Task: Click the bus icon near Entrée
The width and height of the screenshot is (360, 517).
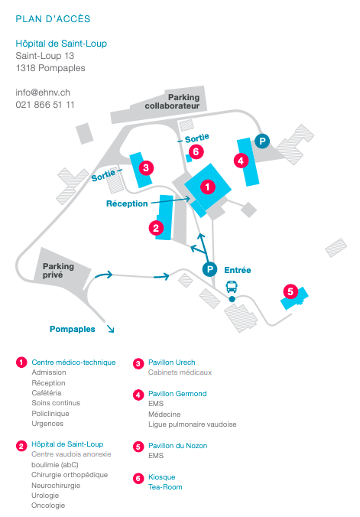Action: click(x=232, y=287)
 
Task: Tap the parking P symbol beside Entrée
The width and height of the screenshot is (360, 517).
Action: click(x=209, y=269)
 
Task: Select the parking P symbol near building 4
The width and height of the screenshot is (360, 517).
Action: click(x=262, y=141)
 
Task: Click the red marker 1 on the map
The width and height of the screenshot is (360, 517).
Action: click(x=208, y=187)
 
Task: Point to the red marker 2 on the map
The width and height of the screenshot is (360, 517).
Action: click(x=156, y=228)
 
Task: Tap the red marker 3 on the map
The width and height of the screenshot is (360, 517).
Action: click(x=146, y=167)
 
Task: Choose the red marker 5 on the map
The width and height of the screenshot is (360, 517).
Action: click(x=290, y=291)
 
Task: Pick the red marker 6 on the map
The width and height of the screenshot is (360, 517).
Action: click(x=196, y=151)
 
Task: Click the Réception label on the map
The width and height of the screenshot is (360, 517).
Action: click(x=127, y=203)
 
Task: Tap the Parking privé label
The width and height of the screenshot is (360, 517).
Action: click(x=58, y=271)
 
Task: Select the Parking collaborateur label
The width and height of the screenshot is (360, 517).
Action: click(x=173, y=102)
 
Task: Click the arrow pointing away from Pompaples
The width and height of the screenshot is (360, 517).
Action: click(x=110, y=328)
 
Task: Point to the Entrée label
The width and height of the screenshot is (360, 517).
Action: click(x=238, y=270)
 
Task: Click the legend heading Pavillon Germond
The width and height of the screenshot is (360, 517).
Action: click(x=177, y=394)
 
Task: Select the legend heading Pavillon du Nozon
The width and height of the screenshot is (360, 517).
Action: click(x=177, y=446)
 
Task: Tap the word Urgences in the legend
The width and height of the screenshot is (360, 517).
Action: click(x=47, y=424)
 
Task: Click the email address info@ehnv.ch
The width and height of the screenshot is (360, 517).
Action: click(x=43, y=93)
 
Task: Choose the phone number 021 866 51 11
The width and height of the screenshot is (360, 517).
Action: click(x=45, y=105)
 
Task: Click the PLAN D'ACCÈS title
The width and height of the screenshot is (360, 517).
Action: click(x=53, y=19)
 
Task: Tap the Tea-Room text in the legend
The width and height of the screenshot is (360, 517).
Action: click(x=165, y=487)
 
